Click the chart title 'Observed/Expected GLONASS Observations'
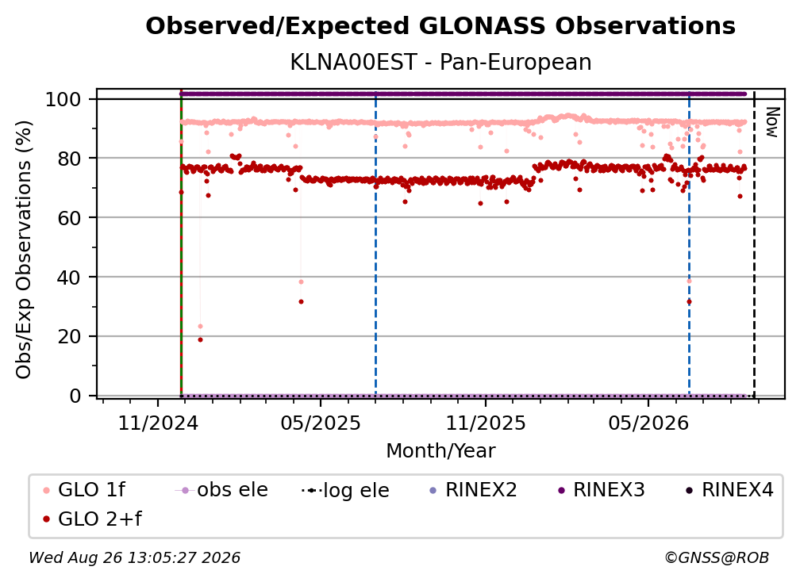pos(440,26)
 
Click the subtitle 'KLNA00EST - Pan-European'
pos(440,62)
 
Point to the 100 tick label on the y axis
pos(63,99)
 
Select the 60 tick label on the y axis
pos(69,217)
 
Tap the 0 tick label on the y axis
pos(75,396)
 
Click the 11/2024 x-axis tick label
pos(158,423)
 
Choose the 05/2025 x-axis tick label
pos(321,423)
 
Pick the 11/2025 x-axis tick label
pos(486,423)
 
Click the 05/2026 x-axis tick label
pos(648,423)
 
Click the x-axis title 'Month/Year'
pos(440,450)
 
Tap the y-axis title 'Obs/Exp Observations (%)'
pos(24,250)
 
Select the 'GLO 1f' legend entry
pos(84,490)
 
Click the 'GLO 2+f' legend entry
pos(92,519)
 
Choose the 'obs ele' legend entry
pos(221,490)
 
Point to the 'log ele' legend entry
pos(345,490)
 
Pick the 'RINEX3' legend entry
pos(601,490)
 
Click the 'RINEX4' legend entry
pos(729,490)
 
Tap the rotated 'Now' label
pos(772,122)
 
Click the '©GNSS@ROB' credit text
pos(717,557)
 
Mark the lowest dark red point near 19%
pos(201,340)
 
